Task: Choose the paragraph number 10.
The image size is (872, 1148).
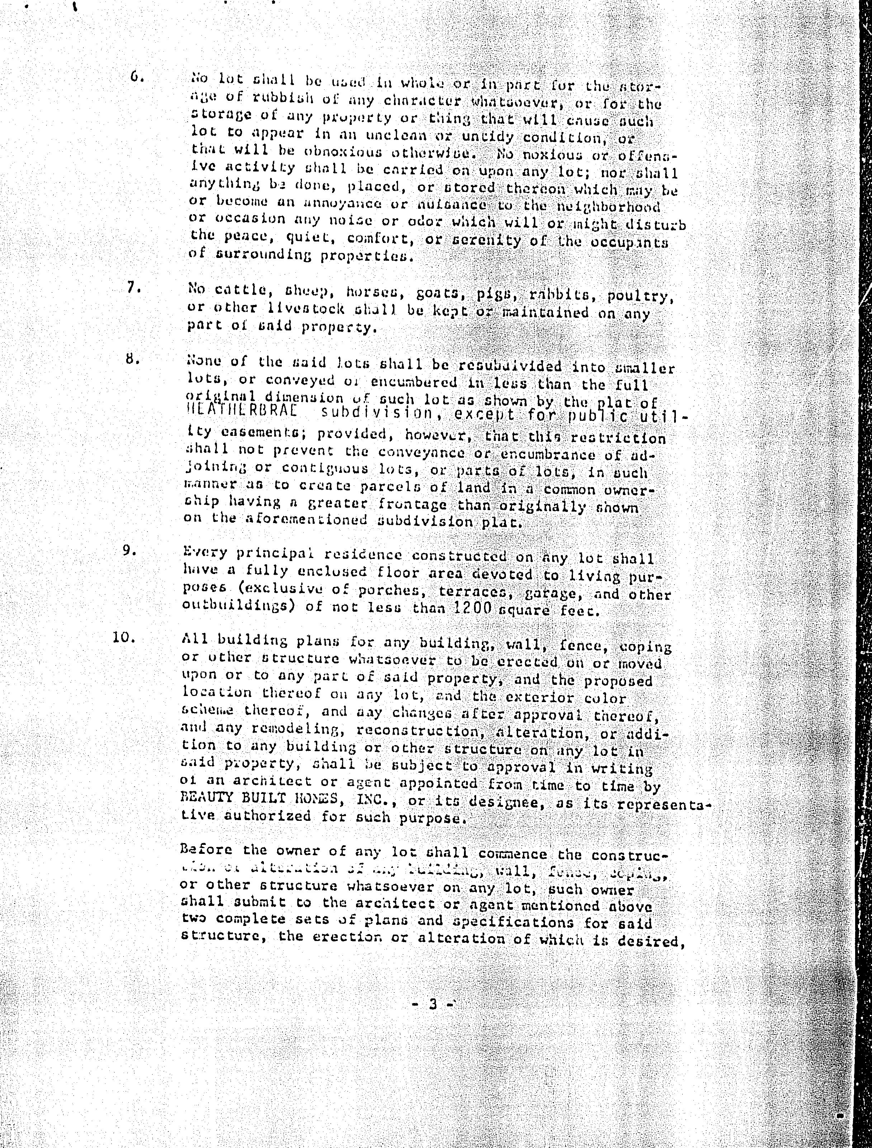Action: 124,636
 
